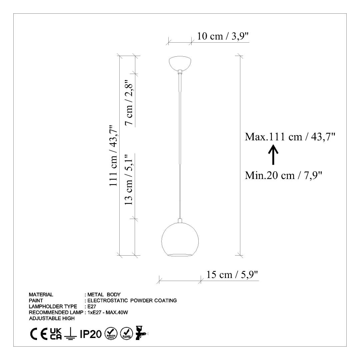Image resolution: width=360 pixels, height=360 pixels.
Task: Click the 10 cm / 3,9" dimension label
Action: [223, 36]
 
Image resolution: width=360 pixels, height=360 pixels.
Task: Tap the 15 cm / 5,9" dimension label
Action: [232, 275]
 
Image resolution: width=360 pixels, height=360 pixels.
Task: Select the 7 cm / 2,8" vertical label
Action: [129, 102]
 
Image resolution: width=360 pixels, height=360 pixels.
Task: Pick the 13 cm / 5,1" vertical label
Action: [129, 179]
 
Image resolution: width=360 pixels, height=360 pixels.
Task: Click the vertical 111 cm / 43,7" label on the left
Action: [114, 156]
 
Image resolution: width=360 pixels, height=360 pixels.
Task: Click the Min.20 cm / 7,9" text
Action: [284, 176]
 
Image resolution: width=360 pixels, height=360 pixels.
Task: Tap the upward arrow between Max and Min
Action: [273, 155]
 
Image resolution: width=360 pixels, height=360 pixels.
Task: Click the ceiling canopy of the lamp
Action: [180, 63]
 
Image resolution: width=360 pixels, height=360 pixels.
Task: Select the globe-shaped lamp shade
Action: [180, 239]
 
